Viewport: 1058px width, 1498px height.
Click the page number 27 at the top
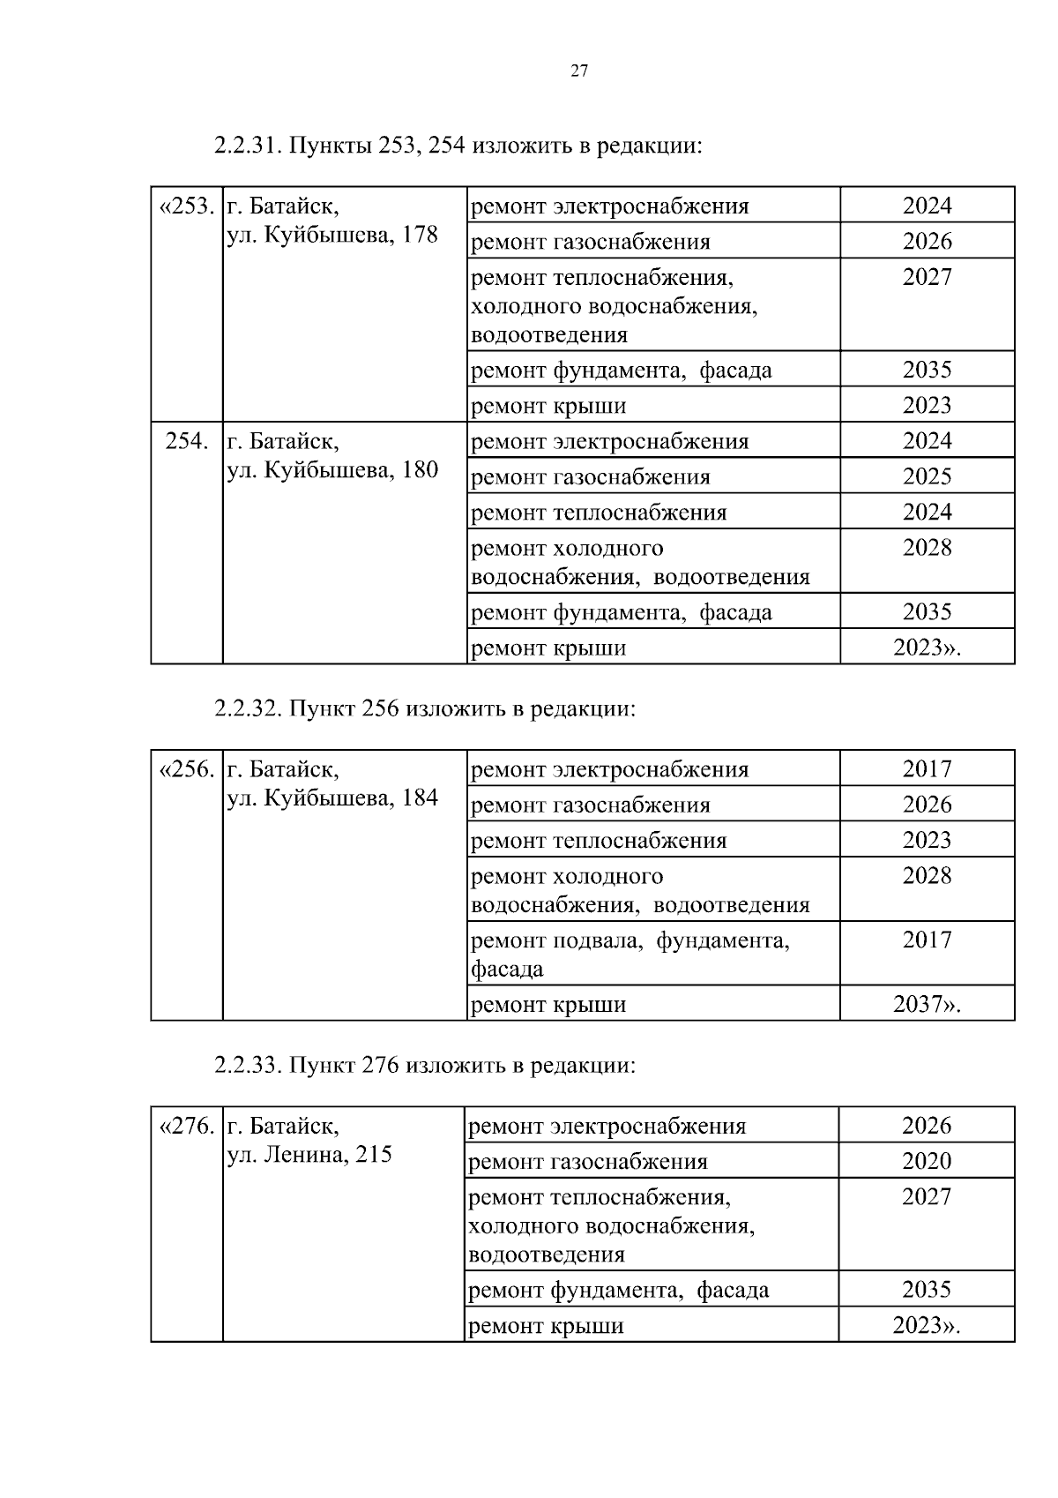[579, 72]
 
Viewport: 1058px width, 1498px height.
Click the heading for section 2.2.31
[458, 146]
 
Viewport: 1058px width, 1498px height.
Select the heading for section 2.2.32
[424, 709]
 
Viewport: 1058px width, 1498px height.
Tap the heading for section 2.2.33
[424, 1066]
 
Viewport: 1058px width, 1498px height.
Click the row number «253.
[186, 206]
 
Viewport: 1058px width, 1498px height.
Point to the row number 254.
[187, 441]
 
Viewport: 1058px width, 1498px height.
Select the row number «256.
[186, 769]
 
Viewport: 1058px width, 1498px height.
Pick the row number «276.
[186, 1127]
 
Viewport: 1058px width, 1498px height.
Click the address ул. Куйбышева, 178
[332, 236]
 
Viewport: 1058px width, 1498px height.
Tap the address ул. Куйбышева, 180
[332, 470]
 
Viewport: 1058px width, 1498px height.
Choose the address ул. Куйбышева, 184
[332, 798]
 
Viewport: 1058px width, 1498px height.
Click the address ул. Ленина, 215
[309, 1155]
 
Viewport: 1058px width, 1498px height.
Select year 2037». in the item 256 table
[927, 1004]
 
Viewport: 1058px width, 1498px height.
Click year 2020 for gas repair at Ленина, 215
[927, 1161]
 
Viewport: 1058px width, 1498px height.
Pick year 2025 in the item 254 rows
[927, 476]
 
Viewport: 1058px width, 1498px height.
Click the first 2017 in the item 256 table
[927, 769]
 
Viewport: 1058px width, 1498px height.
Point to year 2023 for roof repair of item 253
[927, 405]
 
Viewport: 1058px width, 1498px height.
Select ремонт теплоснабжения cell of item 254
[599, 513]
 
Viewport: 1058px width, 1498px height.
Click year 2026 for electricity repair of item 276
[927, 1126]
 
